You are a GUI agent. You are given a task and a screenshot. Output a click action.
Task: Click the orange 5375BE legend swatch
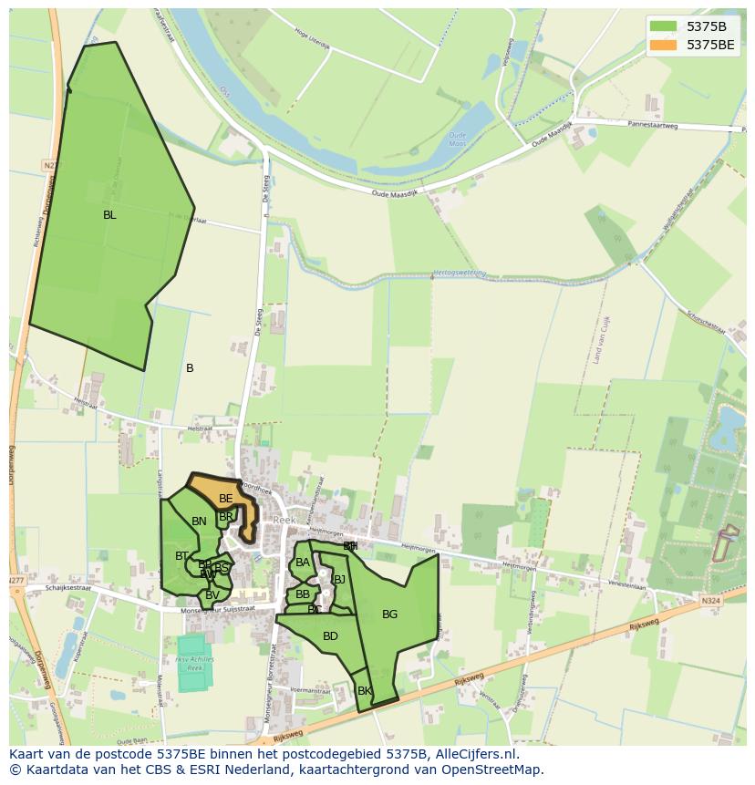coord(663,44)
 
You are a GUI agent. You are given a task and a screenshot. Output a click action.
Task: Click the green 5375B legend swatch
coord(663,26)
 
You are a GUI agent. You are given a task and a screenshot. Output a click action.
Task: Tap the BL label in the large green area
coord(109,215)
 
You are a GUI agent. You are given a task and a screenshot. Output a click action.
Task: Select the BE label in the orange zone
coord(225,499)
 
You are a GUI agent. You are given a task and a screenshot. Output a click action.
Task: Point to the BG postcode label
coord(389,615)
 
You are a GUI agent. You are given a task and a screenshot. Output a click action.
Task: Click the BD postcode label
coord(330,636)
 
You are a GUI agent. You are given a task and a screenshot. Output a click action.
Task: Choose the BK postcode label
coord(365,691)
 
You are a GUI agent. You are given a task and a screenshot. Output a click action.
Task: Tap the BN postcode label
coord(199,522)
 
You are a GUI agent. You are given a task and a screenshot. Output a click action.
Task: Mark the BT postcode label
coord(181,556)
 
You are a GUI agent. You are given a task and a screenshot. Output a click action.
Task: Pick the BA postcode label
coord(303,563)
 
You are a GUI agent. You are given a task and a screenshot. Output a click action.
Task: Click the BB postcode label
coord(303,594)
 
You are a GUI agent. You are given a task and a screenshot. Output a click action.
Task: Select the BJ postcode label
coord(339,579)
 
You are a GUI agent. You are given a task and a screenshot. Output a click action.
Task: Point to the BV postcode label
coord(212,595)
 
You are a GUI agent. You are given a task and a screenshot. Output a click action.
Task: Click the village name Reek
coord(284,520)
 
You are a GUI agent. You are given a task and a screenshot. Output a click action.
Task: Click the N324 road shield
coord(710,601)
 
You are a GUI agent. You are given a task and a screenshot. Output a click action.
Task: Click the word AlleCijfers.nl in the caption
coord(473,754)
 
